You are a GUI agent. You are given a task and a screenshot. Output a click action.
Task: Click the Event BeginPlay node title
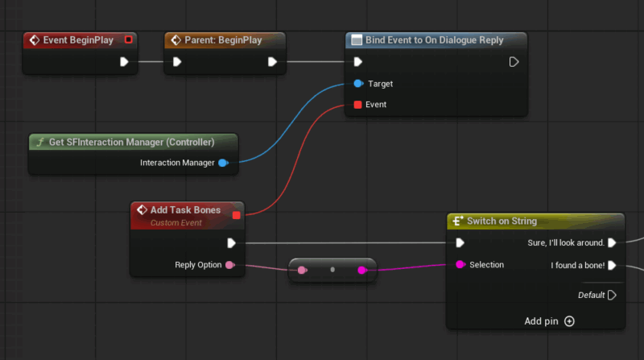click(78, 40)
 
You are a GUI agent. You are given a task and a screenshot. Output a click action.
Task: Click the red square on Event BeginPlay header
click(129, 39)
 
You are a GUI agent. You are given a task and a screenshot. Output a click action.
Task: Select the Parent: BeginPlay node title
click(223, 40)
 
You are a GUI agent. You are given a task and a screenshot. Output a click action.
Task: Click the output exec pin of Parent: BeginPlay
click(272, 62)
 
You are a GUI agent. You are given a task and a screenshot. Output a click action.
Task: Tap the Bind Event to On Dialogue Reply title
click(434, 40)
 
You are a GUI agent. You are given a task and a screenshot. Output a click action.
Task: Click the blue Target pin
click(358, 84)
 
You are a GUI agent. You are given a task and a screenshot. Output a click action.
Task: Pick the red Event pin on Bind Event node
click(357, 105)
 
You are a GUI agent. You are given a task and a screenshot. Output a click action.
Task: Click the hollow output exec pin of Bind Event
click(514, 62)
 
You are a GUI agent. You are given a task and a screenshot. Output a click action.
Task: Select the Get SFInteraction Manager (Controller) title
click(131, 143)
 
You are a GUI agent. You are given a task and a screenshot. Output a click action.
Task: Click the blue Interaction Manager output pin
click(223, 163)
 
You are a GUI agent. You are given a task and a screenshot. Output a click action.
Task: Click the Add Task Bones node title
click(185, 210)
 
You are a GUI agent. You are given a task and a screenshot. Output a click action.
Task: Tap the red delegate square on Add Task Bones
click(236, 215)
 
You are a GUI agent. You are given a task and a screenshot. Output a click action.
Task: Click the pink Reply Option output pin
click(230, 265)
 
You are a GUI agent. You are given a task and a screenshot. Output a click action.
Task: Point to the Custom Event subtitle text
click(175, 223)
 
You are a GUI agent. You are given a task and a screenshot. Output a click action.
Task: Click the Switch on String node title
click(502, 221)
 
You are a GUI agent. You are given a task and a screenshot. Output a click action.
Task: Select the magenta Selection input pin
click(460, 265)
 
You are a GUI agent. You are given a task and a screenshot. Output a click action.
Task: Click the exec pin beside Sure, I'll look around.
click(612, 243)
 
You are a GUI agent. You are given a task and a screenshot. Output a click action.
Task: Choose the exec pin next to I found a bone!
click(612, 266)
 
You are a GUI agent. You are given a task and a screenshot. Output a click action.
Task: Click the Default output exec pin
click(612, 295)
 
